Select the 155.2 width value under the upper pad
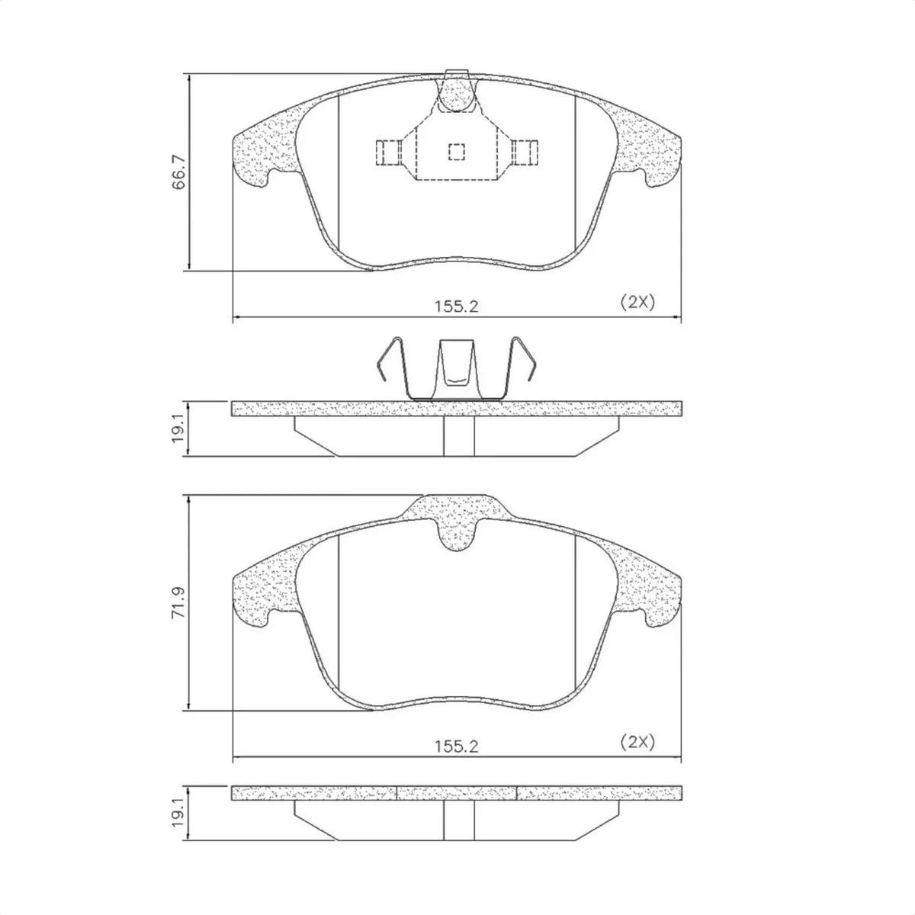(456, 307)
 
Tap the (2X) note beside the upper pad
(637, 302)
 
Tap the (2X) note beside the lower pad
(637, 742)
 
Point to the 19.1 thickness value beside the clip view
(178, 429)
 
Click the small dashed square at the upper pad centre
(456, 152)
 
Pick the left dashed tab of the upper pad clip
(388, 152)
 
